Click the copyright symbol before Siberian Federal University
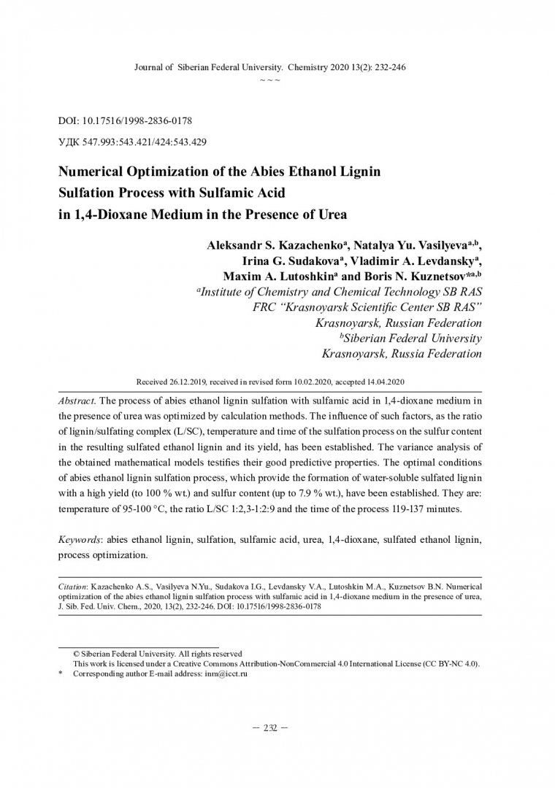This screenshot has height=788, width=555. coord(77,654)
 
